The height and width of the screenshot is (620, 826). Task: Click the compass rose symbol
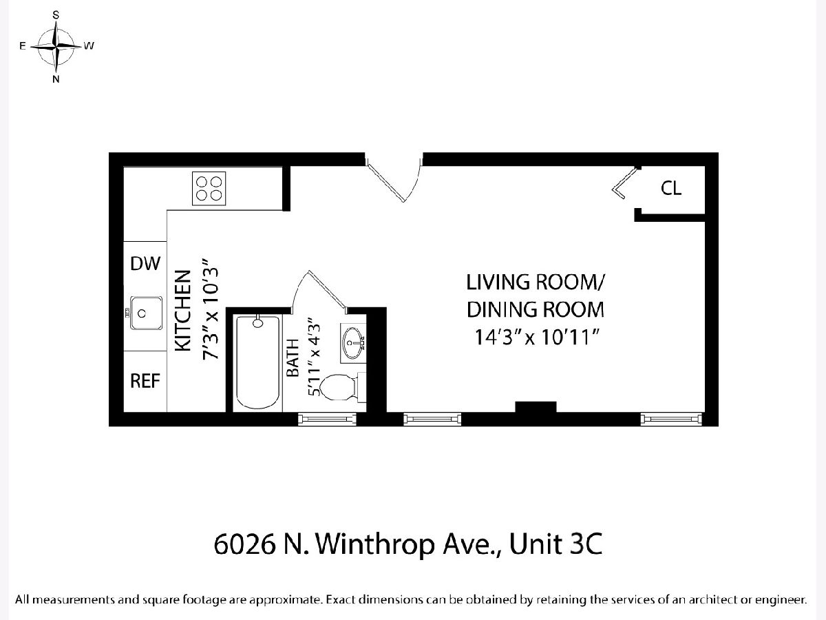point(56,47)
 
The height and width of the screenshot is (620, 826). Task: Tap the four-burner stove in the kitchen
point(209,189)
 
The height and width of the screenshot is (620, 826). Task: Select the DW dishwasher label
point(145,264)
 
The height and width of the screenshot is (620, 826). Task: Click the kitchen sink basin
point(147,313)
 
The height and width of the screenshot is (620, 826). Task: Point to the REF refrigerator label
point(145,381)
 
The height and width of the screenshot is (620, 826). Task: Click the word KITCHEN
point(183,311)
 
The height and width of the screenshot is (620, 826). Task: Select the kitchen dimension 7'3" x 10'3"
point(211,309)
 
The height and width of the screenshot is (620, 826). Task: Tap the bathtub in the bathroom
point(257,363)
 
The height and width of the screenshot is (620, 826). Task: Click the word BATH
point(293,358)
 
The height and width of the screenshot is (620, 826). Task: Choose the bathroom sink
point(353,343)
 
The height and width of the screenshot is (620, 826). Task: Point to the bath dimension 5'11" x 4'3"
point(314,358)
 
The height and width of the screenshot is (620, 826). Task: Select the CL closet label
point(671,188)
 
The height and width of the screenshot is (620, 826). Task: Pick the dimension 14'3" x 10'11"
point(536,337)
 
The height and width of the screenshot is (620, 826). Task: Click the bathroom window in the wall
point(327,419)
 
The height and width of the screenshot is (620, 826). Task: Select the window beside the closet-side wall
point(671,419)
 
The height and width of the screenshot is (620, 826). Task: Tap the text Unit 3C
point(555,544)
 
